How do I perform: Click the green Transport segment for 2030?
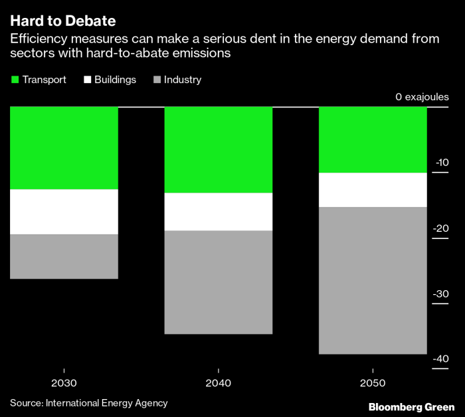point(64,148)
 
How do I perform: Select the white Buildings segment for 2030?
point(64,212)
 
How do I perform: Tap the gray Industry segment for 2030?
point(64,256)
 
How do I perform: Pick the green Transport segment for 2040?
point(219,150)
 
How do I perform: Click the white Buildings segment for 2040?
point(219,212)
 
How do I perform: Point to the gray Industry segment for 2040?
point(219,282)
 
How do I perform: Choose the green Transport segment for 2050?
point(373,139)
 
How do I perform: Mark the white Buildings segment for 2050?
point(373,190)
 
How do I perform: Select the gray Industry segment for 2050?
point(373,281)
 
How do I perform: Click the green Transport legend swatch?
point(15,80)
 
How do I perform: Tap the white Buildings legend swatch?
point(87,80)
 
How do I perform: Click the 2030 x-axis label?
point(64,383)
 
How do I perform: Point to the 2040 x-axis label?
point(219,383)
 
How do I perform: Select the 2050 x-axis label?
point(373,383)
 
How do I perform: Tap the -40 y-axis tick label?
point(440,359)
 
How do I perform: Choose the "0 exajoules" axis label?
point(422,97)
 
